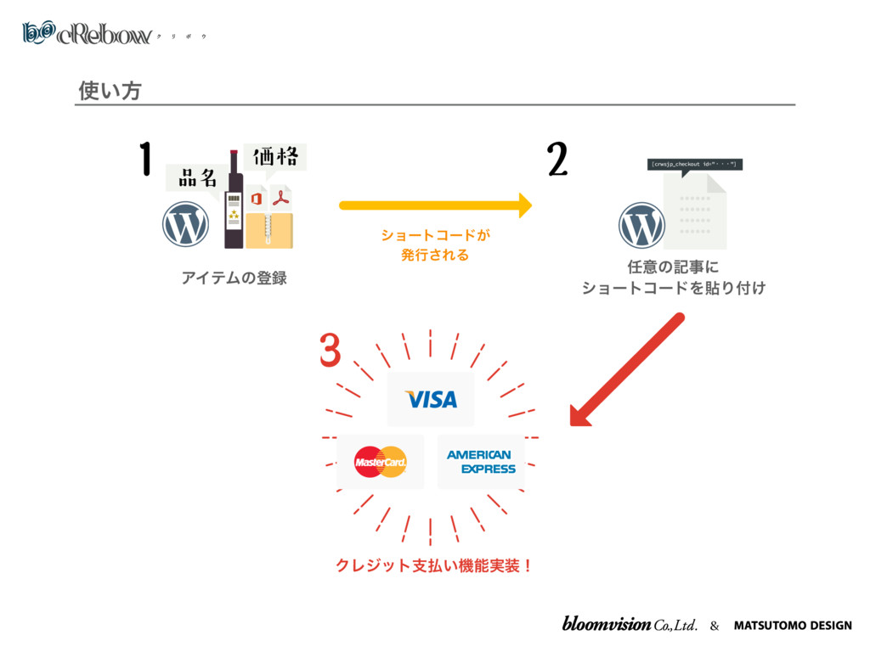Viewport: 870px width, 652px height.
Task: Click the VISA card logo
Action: click(431, 399)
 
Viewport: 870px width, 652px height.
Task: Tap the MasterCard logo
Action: click(380, 462)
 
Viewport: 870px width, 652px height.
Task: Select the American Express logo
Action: click(481, 462)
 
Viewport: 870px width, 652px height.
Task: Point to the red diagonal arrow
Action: click(627, 368)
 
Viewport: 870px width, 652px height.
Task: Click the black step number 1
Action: click(145, 159)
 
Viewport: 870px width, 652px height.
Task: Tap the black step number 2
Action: click(556, 159)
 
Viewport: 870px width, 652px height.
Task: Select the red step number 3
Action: click(330, 351)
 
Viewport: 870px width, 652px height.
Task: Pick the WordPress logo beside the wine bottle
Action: click(185, 224)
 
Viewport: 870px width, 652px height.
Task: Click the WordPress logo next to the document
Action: click(641, 225)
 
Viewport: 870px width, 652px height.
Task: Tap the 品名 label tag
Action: click(197, 177)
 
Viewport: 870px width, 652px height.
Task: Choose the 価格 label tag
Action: click(274, 157)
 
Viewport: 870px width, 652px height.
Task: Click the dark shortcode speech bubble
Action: click(694, 164)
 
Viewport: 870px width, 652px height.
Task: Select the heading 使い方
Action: click(109, 89)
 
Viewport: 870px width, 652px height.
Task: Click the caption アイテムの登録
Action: click(234, 278)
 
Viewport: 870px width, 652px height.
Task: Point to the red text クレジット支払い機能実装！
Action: click(434, 565)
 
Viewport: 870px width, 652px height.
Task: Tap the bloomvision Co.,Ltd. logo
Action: click(630, 625)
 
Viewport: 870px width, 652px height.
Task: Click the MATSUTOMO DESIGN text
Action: click(793, 626)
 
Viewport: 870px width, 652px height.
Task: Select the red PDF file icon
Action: click(280, 200)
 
